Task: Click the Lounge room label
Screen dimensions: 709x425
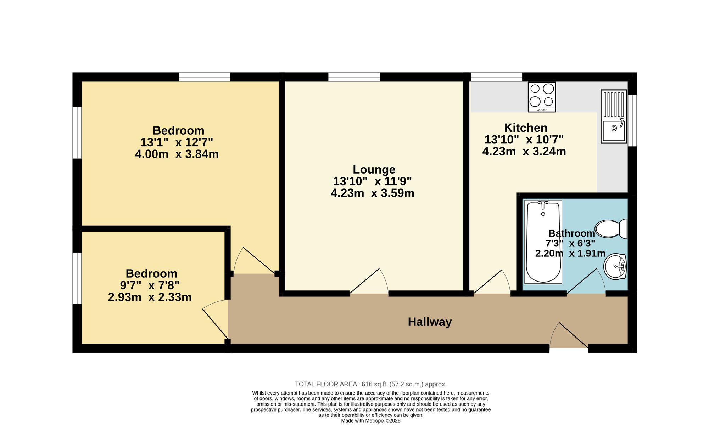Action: coord(374,170)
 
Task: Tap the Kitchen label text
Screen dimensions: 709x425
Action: coord(526,128)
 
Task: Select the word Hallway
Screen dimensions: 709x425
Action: coord(430,322)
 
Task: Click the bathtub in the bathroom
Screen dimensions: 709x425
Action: coord(543,242)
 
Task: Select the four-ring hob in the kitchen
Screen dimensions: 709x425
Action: coord(542,97)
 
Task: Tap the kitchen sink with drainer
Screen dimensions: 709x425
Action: coord(614,117)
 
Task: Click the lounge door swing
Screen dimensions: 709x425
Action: coord(369,281)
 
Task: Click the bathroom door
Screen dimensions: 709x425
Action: coord(586,281)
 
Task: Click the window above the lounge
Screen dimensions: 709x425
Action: coord(354,77)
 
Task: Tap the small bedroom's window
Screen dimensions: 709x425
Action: coord(77,278)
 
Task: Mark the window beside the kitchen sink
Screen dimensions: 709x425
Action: coord(632,120)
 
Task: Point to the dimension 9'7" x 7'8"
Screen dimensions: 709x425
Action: coord(150,285)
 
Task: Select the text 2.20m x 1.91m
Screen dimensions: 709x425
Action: coord(570,254)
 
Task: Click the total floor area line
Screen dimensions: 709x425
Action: coord(371,384)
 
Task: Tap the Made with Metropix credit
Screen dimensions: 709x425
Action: coord(371,421)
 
